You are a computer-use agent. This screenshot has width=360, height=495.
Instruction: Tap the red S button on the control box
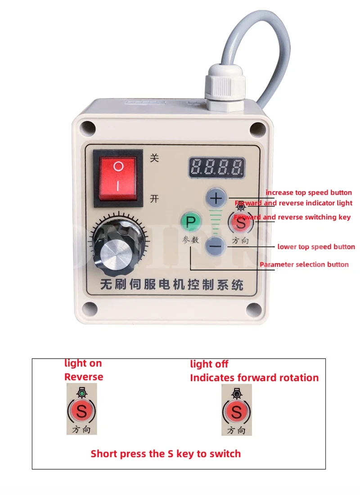click(242, 222)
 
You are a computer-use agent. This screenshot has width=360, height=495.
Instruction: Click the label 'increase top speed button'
click(309, 193)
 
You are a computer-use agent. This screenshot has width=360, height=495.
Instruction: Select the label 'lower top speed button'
click(316, 247)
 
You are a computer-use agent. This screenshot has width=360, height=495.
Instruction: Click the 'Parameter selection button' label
click(304, 264)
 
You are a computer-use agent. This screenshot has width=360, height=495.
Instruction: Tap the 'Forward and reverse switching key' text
click(292, 217)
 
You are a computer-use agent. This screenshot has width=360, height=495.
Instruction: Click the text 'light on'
click(83, 363)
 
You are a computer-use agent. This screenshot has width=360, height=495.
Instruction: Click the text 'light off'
click(209, 364)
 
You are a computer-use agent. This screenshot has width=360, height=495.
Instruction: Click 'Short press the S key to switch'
click(166, 454)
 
